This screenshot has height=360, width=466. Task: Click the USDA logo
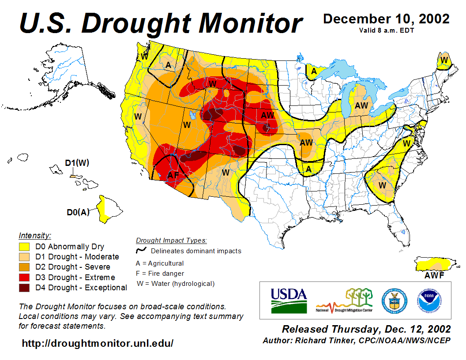click(x=289, y=300)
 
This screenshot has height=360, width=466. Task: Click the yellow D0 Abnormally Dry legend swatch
click(x=24, y=247)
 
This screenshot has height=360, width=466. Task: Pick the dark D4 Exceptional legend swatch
click(x=24, y=288)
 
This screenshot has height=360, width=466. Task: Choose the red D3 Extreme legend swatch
click(x=24, y=277)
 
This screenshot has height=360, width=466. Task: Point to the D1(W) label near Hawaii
click(x=77, y=163)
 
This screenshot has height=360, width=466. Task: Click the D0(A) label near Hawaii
click(x=78, y=212)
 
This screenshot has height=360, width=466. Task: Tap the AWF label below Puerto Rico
click(x=434, y=276)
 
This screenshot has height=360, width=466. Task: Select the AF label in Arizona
click(x=173, y=175)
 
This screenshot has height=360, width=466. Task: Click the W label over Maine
click(x=444, y=60)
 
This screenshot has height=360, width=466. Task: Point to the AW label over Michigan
click(x=361, y=105)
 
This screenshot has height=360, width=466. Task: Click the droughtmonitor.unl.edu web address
click(x=98, y=343)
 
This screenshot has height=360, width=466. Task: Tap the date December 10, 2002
click(x=386, y=19)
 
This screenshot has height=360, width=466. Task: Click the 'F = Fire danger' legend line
click(x=160, y=274)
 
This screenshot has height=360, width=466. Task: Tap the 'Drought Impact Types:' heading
click(x=171, y=240)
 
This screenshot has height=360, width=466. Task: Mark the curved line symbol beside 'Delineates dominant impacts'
click(x=141, y=251)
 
